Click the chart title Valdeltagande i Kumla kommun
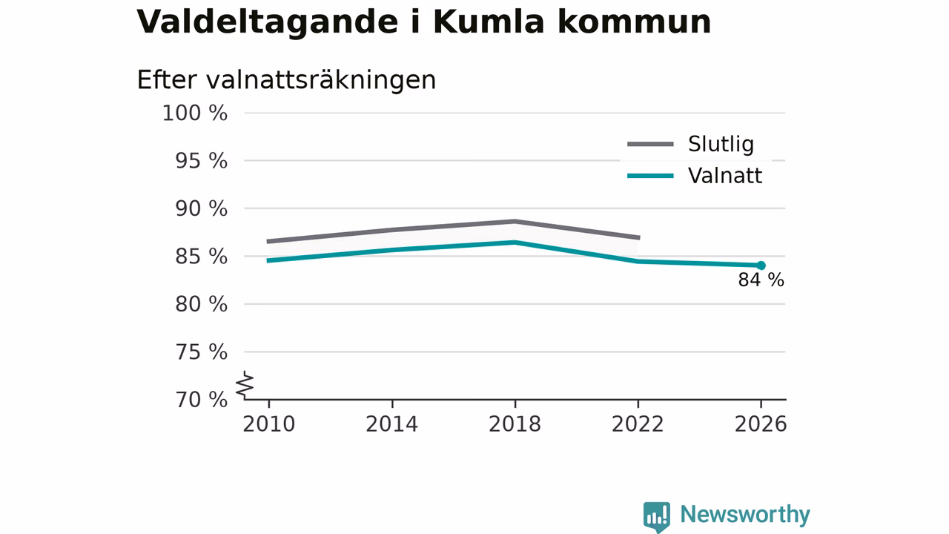pyautogui.click(x=423, y=22)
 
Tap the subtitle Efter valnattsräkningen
pyautogui.click(x=286, y=80)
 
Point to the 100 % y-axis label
pyautogui.click(x=195, y=113)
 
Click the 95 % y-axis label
pyautogui.click(x=201, y=161)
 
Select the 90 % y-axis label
pyautogui.click(x=201, y=209)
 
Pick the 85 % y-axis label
pyautogui.click(x=201, y=257)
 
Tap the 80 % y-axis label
pyautogui.click(x=201, y=304)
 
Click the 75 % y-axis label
pyautogui.click(x=201, y=352)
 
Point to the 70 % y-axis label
pyautogui.click(x=201, y=400)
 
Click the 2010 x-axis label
pyautogui.click(x=268, y=424)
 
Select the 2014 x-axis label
pyautogui.click(x=392, y=424)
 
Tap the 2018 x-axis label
pyautogui.click(x=515, y=424)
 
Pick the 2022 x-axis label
pyautogui.click(x=638, y=424)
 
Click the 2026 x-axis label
pyautogui.click(x=761, y=424)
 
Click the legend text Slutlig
pyautogui.click(x=721, y=145)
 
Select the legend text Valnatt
pyautogui.click(x=725, y=176)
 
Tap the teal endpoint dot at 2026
pyautogui.click(x=761, y=266)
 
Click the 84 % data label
pyautogui.click(x=761, y=280)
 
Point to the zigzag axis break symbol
pyautogui.click(x=245, y=385)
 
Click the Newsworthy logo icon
pyautogui.click(x=657, y=517)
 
